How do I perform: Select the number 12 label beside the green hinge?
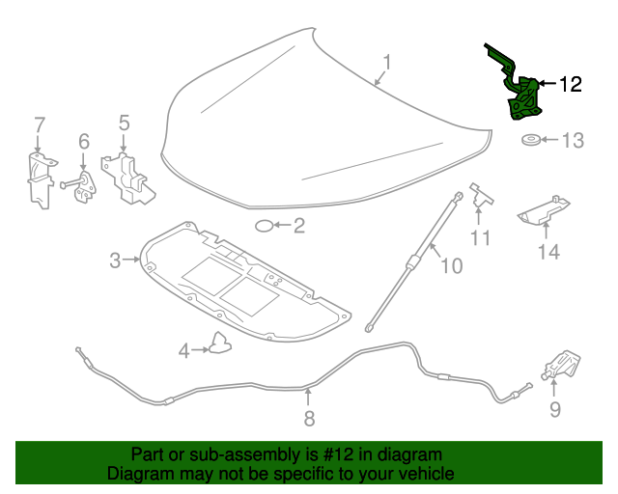pos(570,85)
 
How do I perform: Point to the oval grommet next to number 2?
pos(264,227)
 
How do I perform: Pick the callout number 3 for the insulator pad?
pos(115,260)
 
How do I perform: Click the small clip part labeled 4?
pos(220,343)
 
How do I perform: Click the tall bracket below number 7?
pos(38,178)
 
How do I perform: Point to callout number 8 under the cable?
pos(309,418)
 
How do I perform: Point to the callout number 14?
pos(548,253)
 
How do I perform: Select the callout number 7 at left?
pos(40,124)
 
